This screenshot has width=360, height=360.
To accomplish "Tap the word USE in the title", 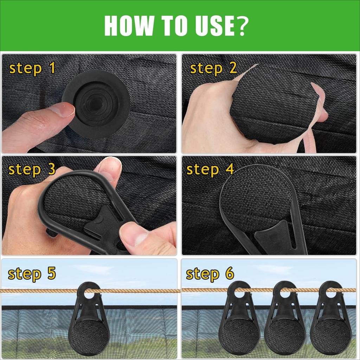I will pos(214,25).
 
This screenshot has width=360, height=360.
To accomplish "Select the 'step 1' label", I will pos(32,68).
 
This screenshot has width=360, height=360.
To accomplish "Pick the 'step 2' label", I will pos(213,68).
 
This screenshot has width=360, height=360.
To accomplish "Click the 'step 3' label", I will pos(32,169).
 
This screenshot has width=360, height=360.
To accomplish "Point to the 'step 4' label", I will pos(210,169).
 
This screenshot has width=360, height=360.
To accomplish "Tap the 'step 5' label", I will pos(32,273).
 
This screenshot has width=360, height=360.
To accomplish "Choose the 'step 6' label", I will pos(210,273).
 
